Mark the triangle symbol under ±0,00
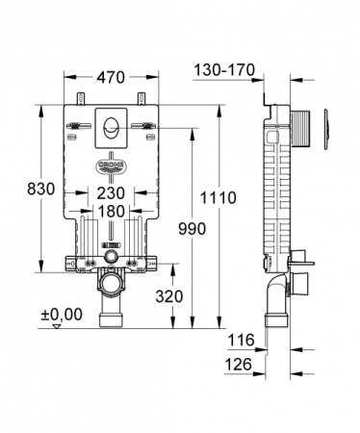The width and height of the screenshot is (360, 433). point(57,327)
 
